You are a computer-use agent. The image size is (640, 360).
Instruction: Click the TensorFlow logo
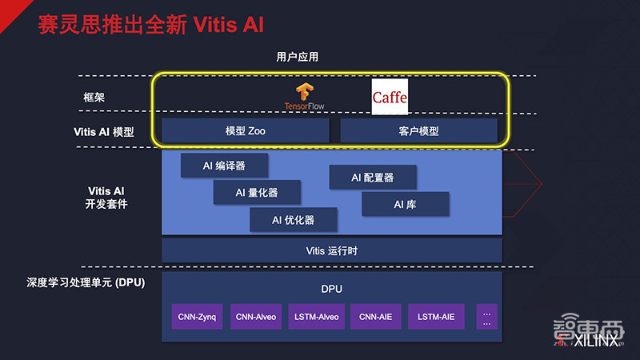(304, 96)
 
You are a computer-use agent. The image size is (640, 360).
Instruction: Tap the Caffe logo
(390, 97)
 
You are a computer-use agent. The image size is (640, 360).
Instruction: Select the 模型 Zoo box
(245, 130)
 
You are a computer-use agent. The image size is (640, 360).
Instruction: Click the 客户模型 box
(418, 130)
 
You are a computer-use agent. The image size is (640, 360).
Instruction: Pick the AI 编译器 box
(224, 166)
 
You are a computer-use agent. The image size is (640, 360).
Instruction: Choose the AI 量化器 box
(257, 192)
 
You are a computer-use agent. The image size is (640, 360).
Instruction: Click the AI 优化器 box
(293, 219)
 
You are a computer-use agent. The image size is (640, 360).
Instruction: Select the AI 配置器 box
(373, 178)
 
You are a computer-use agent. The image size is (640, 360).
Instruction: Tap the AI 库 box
(405, 204)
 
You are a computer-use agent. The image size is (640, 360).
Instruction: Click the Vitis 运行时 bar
(331, 250)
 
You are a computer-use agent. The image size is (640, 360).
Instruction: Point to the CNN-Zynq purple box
(197, 317)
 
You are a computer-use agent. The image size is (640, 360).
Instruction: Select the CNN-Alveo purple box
(256, 317)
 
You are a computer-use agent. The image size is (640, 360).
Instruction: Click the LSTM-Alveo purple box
(316, 317)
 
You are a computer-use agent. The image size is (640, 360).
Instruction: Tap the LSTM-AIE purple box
(436, 317)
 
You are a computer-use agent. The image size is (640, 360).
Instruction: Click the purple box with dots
(486, 317)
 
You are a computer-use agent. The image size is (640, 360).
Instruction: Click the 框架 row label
(94, 97)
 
